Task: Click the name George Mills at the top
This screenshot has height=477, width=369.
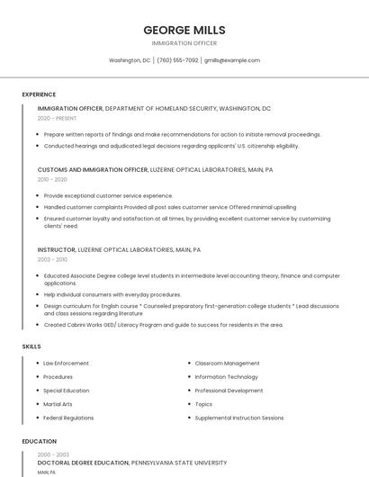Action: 184,30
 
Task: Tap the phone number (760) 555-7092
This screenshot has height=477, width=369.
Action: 177,60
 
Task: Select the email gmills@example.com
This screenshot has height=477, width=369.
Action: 232,60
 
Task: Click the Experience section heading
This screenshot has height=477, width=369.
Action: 39,94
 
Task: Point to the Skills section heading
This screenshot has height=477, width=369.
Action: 31,346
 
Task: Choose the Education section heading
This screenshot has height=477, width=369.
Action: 40,442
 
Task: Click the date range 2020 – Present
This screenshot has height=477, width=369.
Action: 57,118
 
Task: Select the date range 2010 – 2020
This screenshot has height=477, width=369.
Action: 52,179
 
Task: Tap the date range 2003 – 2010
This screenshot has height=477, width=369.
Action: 52,259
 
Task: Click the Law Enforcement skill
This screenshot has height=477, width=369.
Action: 66,364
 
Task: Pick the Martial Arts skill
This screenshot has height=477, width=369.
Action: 58,404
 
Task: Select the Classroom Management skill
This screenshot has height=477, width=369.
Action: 227,364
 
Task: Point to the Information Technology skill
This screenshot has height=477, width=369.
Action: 226,377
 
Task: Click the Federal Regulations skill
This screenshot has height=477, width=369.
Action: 68,418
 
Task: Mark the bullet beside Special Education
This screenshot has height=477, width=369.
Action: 35,391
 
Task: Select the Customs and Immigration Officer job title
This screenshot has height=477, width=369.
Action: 93,169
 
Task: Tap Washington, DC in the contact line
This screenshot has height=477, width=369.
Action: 130,60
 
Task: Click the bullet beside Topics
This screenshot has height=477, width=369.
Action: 187,404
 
